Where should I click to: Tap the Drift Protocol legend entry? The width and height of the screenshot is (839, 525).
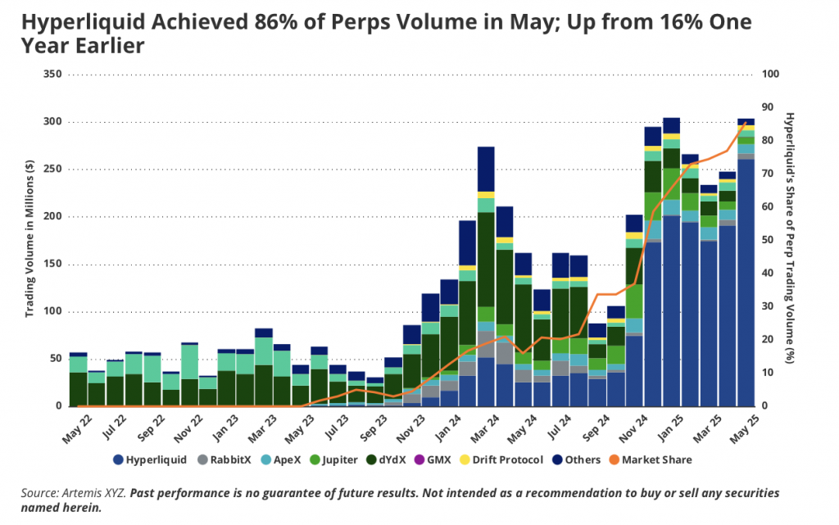point(509,459)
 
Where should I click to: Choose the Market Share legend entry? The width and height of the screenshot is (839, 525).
point(656,459)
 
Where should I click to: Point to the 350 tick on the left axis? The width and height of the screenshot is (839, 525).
point(53,75)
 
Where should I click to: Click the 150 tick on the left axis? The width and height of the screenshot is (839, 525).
point(53,265)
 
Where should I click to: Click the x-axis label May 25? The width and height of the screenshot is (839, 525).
point(741,428)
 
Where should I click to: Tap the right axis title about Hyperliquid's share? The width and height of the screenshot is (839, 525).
point(789,240)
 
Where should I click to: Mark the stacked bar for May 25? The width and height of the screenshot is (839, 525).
point(746,262)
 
